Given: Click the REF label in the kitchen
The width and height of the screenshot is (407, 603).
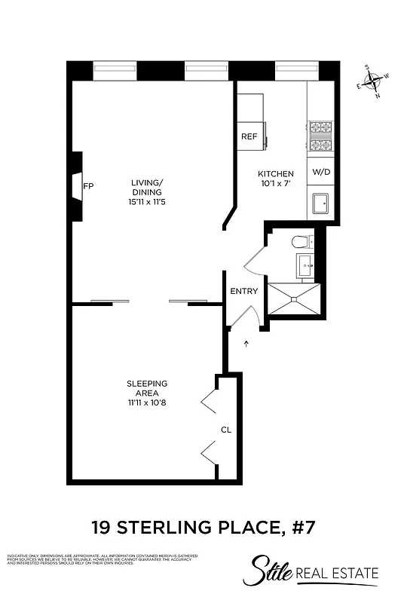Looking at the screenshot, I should coord(249,137).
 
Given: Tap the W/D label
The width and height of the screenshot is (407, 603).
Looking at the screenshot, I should coord(321,172).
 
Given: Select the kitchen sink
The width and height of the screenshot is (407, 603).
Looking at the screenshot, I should coord(321,203).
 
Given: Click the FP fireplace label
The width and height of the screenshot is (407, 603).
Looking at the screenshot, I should coord(87,185).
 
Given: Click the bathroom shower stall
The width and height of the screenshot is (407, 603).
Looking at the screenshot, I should coord(294,298).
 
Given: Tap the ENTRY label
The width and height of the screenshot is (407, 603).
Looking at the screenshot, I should coord(243,292).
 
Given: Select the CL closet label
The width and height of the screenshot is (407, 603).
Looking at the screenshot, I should coord(226,430).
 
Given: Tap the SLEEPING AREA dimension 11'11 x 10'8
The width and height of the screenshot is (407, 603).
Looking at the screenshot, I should coord(147,403).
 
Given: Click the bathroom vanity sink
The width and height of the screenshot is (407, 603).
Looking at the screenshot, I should coord(306,265).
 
